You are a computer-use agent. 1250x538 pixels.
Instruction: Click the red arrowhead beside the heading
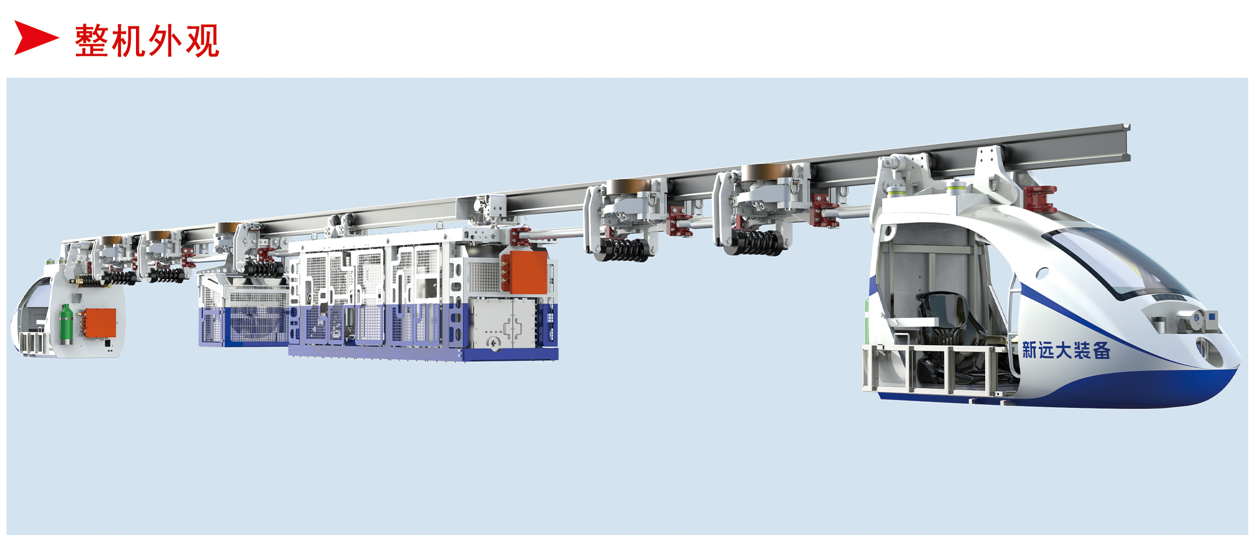(x=35, y=38)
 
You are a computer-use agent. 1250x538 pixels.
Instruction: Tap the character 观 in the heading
(x=202, y=41)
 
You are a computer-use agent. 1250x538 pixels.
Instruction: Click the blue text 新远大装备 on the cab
(x=1066, y=351)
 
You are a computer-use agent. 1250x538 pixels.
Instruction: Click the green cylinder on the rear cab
(x=66, y=324)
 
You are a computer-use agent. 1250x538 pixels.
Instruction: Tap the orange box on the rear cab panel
(x=100, y=323)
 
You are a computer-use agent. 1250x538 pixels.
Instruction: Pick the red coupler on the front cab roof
(x=1040, y=198)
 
